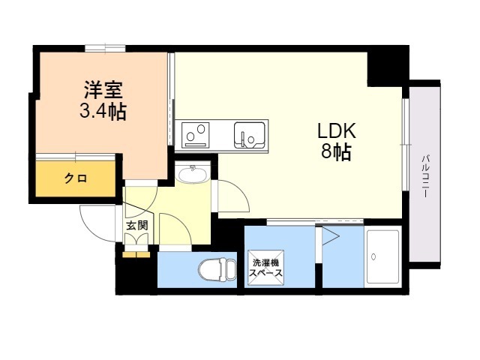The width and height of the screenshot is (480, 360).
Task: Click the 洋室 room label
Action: coord(103,91)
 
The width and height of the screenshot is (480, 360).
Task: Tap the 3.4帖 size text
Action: coord(103,112)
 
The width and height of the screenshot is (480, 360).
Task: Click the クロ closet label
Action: coord(75,178)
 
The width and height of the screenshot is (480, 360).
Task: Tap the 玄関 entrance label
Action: coord(136,225)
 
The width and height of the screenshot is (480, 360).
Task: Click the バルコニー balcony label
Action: coord(424,176)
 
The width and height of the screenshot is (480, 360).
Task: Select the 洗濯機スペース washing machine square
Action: coord(267,268)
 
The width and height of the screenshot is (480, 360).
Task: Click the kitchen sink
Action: coord(248,133)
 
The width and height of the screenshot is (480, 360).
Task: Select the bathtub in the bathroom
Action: coord(382,256)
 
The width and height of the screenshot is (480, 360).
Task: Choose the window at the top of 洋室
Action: coord(105,49)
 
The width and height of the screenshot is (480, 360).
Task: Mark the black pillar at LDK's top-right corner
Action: coord(387,65)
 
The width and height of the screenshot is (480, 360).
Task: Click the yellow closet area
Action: coord(75,180)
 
